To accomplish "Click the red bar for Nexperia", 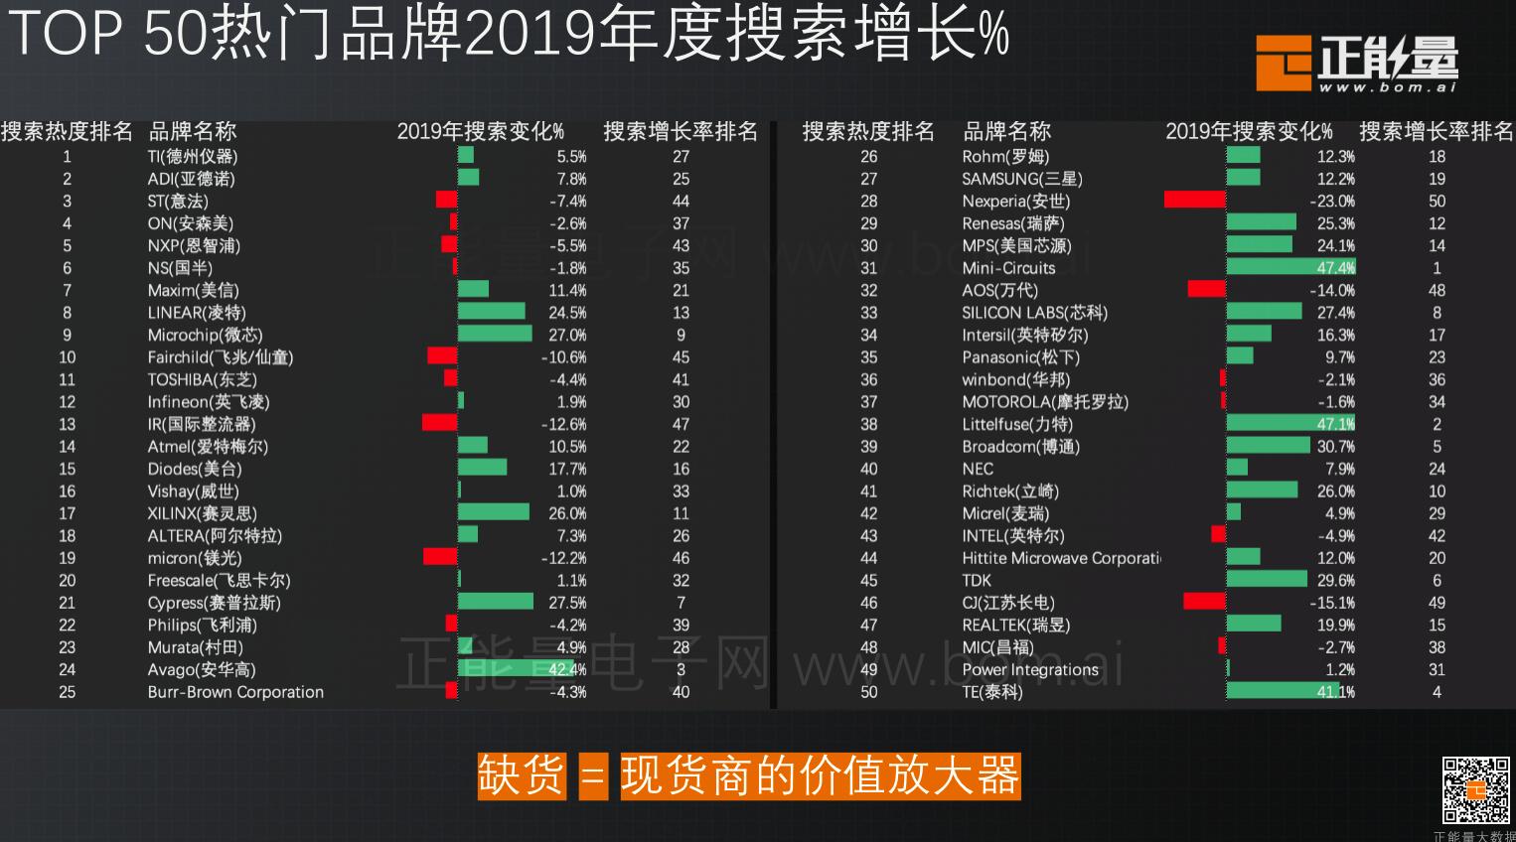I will tap(1194, 201).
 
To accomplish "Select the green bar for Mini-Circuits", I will tap(1289, 267).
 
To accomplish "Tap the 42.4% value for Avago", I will tap(567, 669).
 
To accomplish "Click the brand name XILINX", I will tap(202, 513).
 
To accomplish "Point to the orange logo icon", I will tap(1284, 63).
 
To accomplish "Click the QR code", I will tap(1476, 789).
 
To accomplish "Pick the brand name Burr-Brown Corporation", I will tap(235, 692).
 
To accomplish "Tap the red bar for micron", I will tap(440, 557).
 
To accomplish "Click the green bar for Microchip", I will tap(495, 335).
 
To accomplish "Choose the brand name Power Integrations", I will tap(1030, 669).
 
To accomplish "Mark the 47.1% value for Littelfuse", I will tap(1335, 424).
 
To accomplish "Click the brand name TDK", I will tap(977, 580).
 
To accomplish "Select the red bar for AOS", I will tap(1206, 290).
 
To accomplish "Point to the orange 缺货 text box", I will tap(522, 775).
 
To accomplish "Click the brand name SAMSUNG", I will tap(1022, 179).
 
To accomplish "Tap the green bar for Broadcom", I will tap(1268, 446).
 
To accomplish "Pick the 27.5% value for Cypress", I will tap(567, 603).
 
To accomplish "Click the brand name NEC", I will tap(978, 469).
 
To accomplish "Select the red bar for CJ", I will tap(1204, 602).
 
